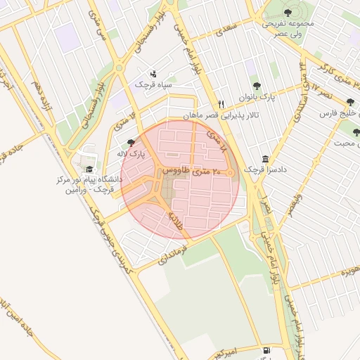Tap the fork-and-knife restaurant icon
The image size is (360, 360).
[x=221, y=103]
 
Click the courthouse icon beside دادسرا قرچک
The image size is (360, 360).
[x=264, y=158]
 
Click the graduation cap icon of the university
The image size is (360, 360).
[x=89, y=169]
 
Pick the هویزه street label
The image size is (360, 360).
[x=347, y=271]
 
